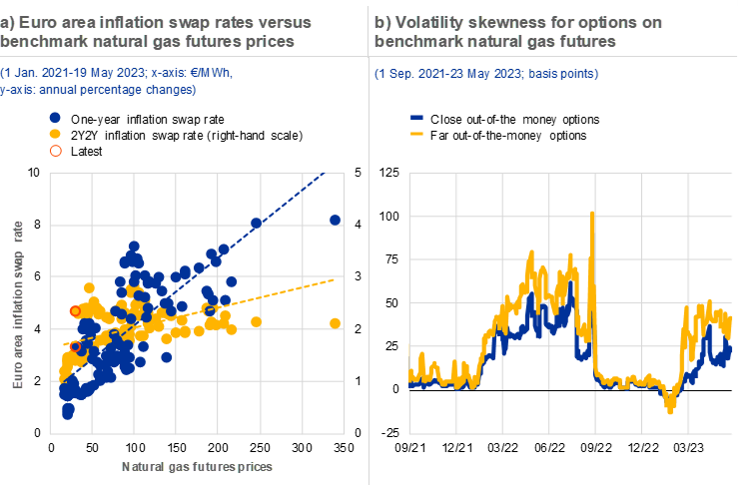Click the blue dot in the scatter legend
click(x=56, y=117)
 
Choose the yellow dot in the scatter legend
click(x=56, y=134)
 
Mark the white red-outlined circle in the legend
click(x=56, y=151)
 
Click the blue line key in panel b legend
click(x=417, y=118)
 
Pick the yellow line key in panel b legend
click(x=417, y=133)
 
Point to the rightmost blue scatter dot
click(x=336, y=220)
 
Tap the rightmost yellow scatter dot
click(x=336, y=322)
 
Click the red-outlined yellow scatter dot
click(x=75, y=311)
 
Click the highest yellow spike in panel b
click(x=593, y=214)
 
